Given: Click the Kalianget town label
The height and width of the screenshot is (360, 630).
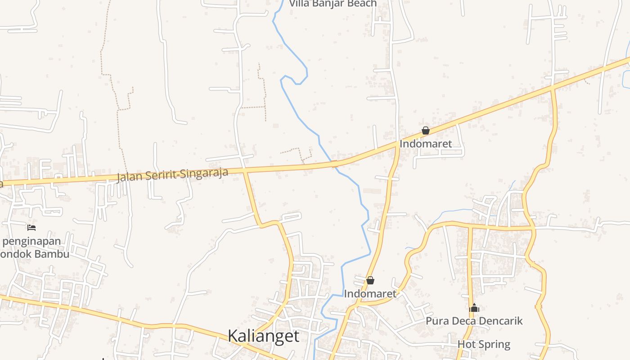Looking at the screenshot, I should (x=263, y=336).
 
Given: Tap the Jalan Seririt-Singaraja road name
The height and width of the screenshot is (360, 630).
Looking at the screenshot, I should (x=172, y=175).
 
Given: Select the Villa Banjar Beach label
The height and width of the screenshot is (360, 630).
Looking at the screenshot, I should (x=333, y=4).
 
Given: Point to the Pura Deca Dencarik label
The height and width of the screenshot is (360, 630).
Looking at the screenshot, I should (x=474, y=321).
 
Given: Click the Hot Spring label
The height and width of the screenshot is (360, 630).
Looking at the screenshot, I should (x=484, y=345).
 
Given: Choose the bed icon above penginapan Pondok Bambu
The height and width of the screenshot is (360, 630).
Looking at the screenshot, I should (x=31, y=228).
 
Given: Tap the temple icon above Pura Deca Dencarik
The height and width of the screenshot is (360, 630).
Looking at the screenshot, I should (x=474, y=308).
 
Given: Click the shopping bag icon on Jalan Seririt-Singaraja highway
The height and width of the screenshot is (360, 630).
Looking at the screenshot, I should (x=425, y=131).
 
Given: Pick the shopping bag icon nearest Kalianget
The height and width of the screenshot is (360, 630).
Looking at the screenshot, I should (x=370, y=280).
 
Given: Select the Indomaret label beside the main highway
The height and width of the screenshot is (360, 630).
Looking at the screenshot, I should (x=425, y=144).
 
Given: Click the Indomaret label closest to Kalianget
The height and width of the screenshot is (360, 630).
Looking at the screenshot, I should (x=370, y=294).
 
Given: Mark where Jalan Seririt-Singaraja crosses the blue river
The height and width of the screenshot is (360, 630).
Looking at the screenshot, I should (x=334, y=164).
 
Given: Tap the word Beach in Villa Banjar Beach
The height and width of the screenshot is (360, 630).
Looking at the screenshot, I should (x=361, y=4).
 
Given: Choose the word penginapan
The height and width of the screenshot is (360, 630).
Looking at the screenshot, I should (x=31, y=241).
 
